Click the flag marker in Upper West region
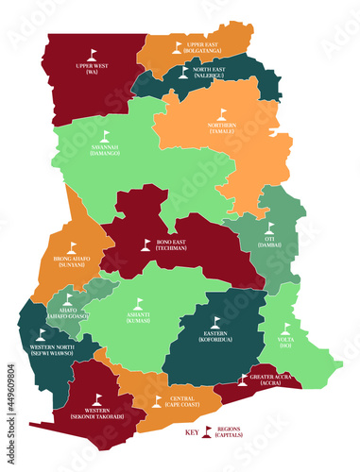93,54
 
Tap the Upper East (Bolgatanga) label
204,47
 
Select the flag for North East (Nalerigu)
183,71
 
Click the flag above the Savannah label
104,136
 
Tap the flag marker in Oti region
268,228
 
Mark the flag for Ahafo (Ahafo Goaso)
67,299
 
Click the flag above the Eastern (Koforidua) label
215,322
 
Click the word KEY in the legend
192,432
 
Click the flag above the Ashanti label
138,303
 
